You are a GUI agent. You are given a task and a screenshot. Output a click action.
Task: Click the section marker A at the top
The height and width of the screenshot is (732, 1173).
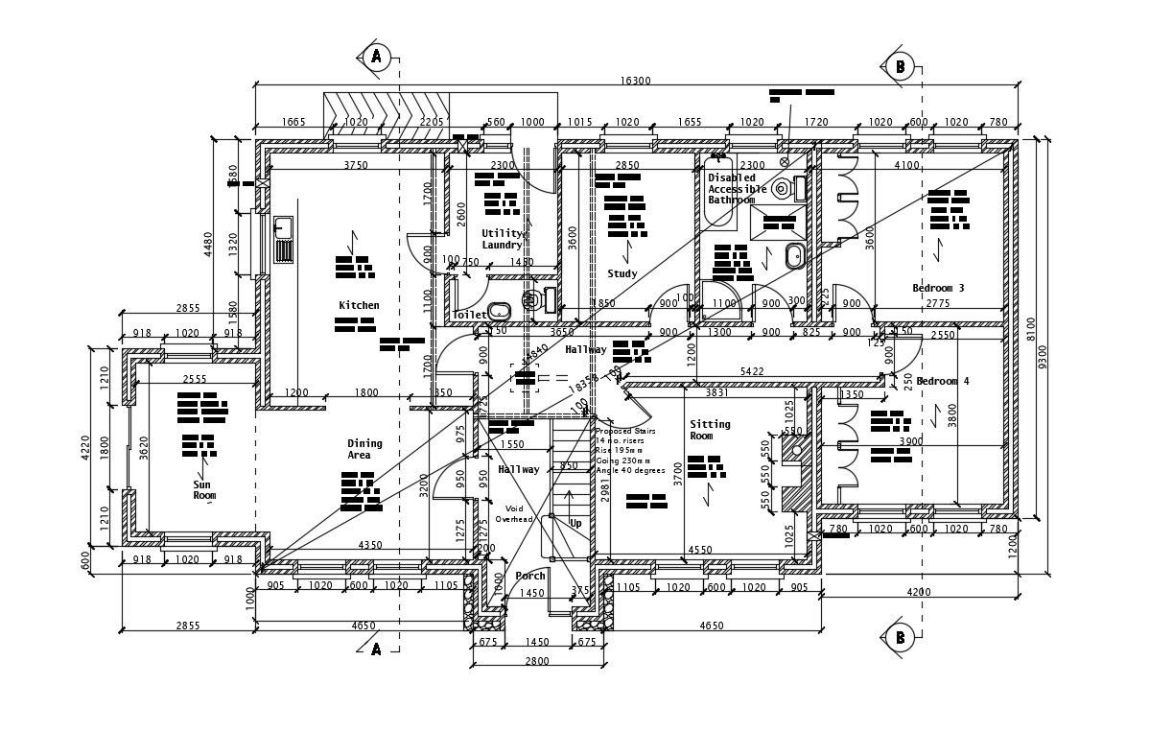pos(376,57)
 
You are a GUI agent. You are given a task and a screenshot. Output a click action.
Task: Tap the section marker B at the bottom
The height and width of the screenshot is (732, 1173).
pos(900,636)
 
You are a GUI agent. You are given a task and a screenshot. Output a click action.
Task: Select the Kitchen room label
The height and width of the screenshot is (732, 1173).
pos(359,305)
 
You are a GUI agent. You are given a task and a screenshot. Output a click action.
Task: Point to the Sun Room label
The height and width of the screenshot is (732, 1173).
pos(204,490)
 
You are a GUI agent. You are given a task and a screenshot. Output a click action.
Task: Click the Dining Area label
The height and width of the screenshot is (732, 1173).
pos(364,449)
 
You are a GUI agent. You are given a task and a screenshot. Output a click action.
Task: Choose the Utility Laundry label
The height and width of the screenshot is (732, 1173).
pos(503,239)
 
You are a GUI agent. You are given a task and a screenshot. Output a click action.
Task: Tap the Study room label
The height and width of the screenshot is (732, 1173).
pos(622,274)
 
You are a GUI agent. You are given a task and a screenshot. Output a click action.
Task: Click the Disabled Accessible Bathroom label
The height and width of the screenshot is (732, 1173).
pos(734,189)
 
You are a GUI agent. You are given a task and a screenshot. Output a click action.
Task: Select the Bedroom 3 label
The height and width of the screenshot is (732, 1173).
pos(938,288)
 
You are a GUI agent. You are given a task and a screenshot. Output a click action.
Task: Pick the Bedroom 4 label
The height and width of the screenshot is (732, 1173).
pos(942,381)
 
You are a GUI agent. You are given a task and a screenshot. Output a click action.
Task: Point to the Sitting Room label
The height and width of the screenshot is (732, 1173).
pos(710,430)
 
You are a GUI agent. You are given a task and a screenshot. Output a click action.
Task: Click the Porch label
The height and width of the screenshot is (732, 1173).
pos(530,576)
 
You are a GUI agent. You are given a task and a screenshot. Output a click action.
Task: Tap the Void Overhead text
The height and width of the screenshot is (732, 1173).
pos(514,513)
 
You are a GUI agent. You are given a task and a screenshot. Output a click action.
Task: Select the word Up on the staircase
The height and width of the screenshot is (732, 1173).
pos(575,524)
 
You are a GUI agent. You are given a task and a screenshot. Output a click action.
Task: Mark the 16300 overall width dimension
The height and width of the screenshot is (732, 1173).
pos(635,82)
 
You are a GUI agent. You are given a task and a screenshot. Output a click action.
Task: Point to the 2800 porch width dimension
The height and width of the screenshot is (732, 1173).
pos(536,661)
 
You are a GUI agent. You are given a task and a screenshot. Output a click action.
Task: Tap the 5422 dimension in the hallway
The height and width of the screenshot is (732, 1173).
pos(753,371)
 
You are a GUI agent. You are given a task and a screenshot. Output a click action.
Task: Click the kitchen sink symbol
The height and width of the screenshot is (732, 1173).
pos(283,239)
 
